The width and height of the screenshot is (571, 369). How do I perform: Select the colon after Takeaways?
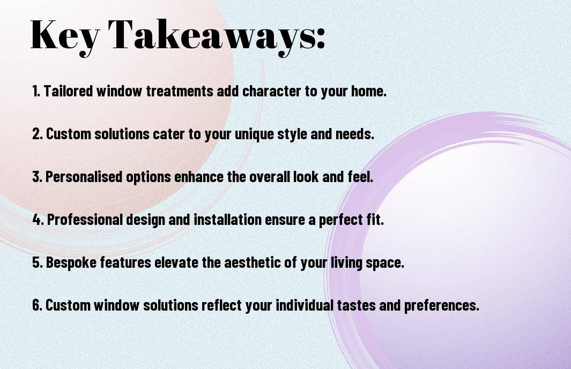321,39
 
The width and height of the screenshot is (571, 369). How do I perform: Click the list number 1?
36,91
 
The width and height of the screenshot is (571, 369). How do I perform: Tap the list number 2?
38,134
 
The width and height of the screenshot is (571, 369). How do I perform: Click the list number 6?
37,305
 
